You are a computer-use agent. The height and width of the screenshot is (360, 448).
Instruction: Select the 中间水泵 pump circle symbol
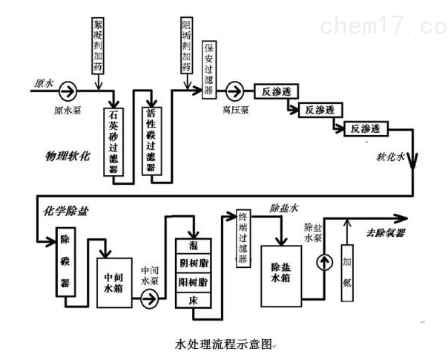[153, 298]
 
